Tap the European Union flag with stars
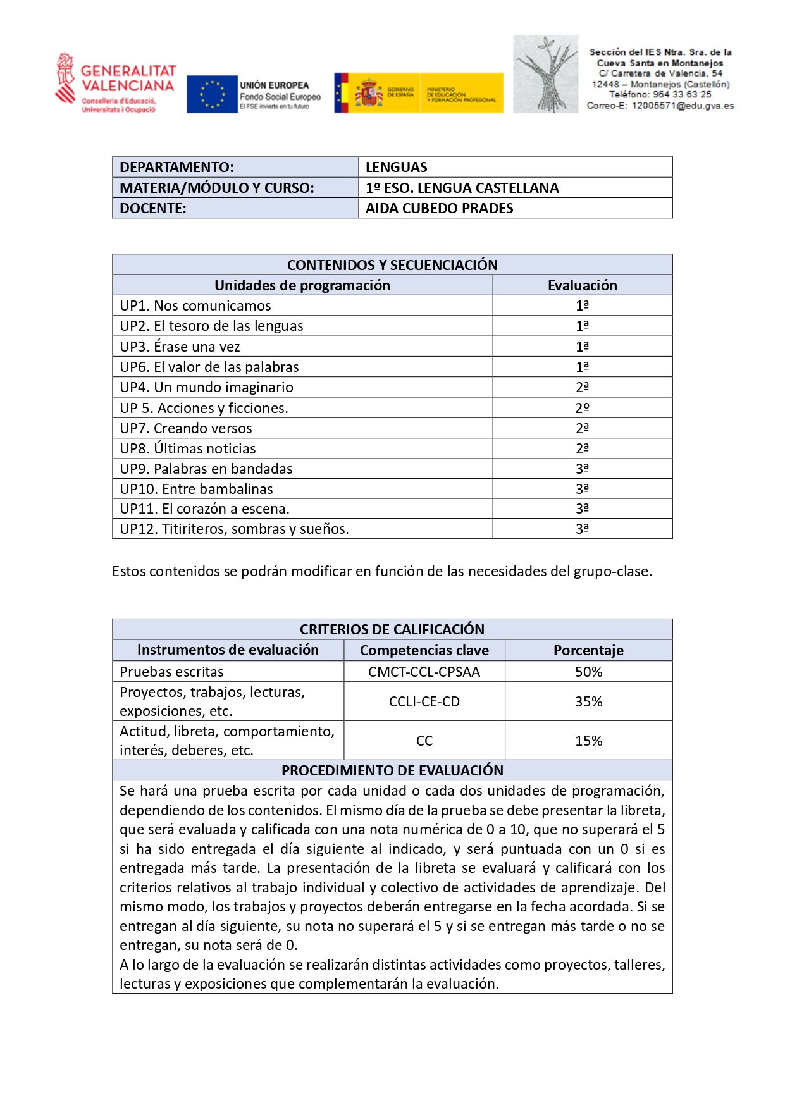212,94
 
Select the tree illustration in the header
545,75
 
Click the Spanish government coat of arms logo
369,93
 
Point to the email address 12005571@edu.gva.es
683,106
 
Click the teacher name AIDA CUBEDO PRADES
439,208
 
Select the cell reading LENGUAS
396,167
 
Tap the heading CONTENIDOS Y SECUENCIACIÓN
392,265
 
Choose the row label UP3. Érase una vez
180,347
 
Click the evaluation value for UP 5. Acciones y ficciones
582,408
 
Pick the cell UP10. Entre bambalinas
196,489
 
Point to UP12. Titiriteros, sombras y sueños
234,529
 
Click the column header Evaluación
582,285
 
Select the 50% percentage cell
588,672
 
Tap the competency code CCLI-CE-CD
424,701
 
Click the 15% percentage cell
588,741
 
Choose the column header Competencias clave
424,650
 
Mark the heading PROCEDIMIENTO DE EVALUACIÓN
392,770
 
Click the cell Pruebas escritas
171,672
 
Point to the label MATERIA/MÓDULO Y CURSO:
216,188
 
